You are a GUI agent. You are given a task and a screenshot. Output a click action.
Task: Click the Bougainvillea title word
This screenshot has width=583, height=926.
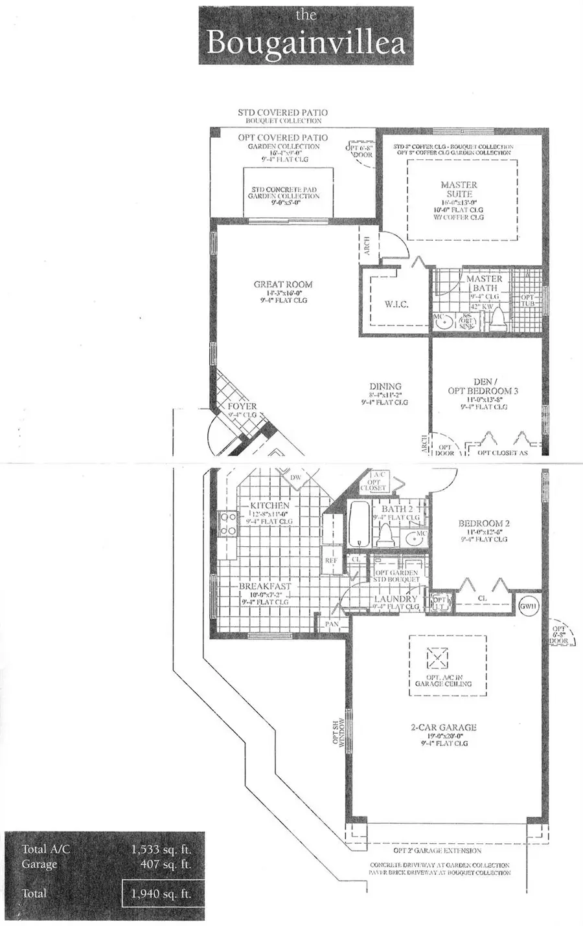[306, 43]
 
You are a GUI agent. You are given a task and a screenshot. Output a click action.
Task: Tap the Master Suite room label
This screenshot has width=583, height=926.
[459, 189]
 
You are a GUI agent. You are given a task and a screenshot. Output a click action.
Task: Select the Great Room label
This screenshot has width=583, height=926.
[283, 284]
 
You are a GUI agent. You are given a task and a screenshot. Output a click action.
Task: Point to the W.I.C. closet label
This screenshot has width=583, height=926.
[396, 304]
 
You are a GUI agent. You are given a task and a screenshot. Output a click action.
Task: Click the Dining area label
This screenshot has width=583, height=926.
[385, 386]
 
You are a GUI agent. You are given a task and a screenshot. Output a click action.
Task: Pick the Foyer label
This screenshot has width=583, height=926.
[242, 406]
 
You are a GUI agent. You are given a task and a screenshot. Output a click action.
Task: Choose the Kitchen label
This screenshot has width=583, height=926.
[269, 505]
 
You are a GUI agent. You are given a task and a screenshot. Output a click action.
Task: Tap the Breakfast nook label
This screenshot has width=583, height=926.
[265, 586]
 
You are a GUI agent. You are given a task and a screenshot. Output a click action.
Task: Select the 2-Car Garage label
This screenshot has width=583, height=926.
[443, 727]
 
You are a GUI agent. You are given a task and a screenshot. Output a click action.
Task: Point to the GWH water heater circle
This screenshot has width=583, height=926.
[529, 606]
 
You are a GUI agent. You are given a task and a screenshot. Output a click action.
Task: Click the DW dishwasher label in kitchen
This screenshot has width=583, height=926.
[296, 478]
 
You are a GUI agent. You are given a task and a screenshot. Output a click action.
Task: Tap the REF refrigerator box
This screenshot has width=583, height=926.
[331, 561]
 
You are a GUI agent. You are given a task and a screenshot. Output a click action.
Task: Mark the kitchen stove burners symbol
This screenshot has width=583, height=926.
[228, 524]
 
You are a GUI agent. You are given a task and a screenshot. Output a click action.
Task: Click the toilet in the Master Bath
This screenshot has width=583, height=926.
[499, 318]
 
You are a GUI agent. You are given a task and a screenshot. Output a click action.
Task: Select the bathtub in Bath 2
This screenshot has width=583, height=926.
[359, 525]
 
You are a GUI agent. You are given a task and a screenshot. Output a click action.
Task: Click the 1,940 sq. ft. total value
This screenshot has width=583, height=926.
[161, 894]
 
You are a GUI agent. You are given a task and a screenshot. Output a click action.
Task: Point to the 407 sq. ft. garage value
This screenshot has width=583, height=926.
[165, 865]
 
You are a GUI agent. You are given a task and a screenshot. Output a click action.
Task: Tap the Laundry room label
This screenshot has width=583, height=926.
[396, 599]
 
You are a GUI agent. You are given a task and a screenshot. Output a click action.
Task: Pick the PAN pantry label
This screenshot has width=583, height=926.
[332, 624]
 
